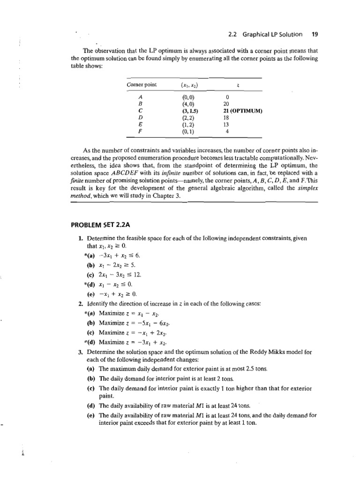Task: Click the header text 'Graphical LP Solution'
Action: pos(266,34)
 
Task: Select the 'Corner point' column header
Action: pos(142,85)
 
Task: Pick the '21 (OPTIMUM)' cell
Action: pos(242,111)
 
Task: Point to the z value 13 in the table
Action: pos(226,125)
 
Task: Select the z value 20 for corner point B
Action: pos(228,105)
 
